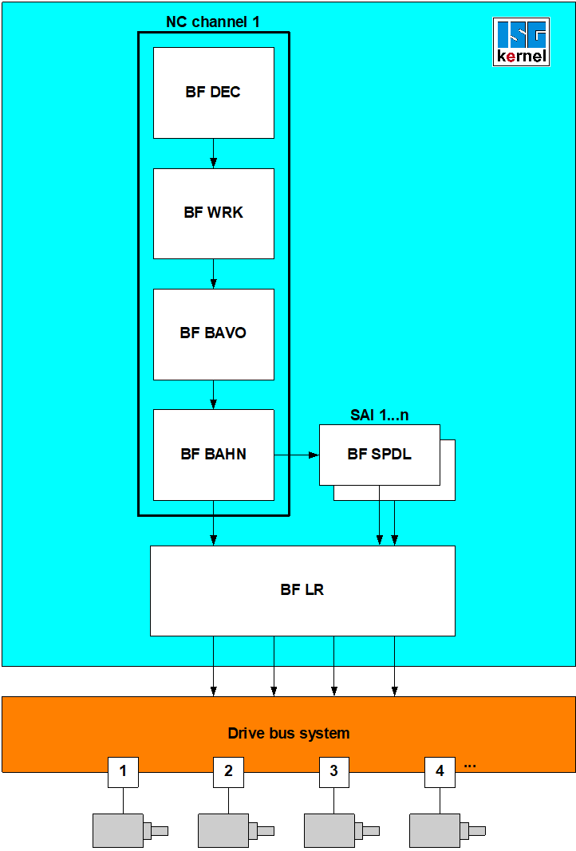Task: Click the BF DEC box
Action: (213, 93)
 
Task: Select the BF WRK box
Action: (213, 213)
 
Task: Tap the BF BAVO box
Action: (213, 333)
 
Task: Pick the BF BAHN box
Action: (213, 455)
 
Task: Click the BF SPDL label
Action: (379, 455)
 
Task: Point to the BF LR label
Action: (302, 591)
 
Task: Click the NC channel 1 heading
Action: (213, 22)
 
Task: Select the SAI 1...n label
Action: (379, 416)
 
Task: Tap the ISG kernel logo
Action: (521, 41)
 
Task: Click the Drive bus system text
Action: (289, 734)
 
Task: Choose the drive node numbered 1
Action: (123, 772)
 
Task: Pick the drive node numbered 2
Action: (228, 772)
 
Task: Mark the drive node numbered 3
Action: (333, 772)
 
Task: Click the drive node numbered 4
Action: (440, 772)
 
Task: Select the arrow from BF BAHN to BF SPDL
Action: (296, 455)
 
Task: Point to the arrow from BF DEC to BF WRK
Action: (213, 153)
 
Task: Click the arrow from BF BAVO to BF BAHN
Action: (213, 395)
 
